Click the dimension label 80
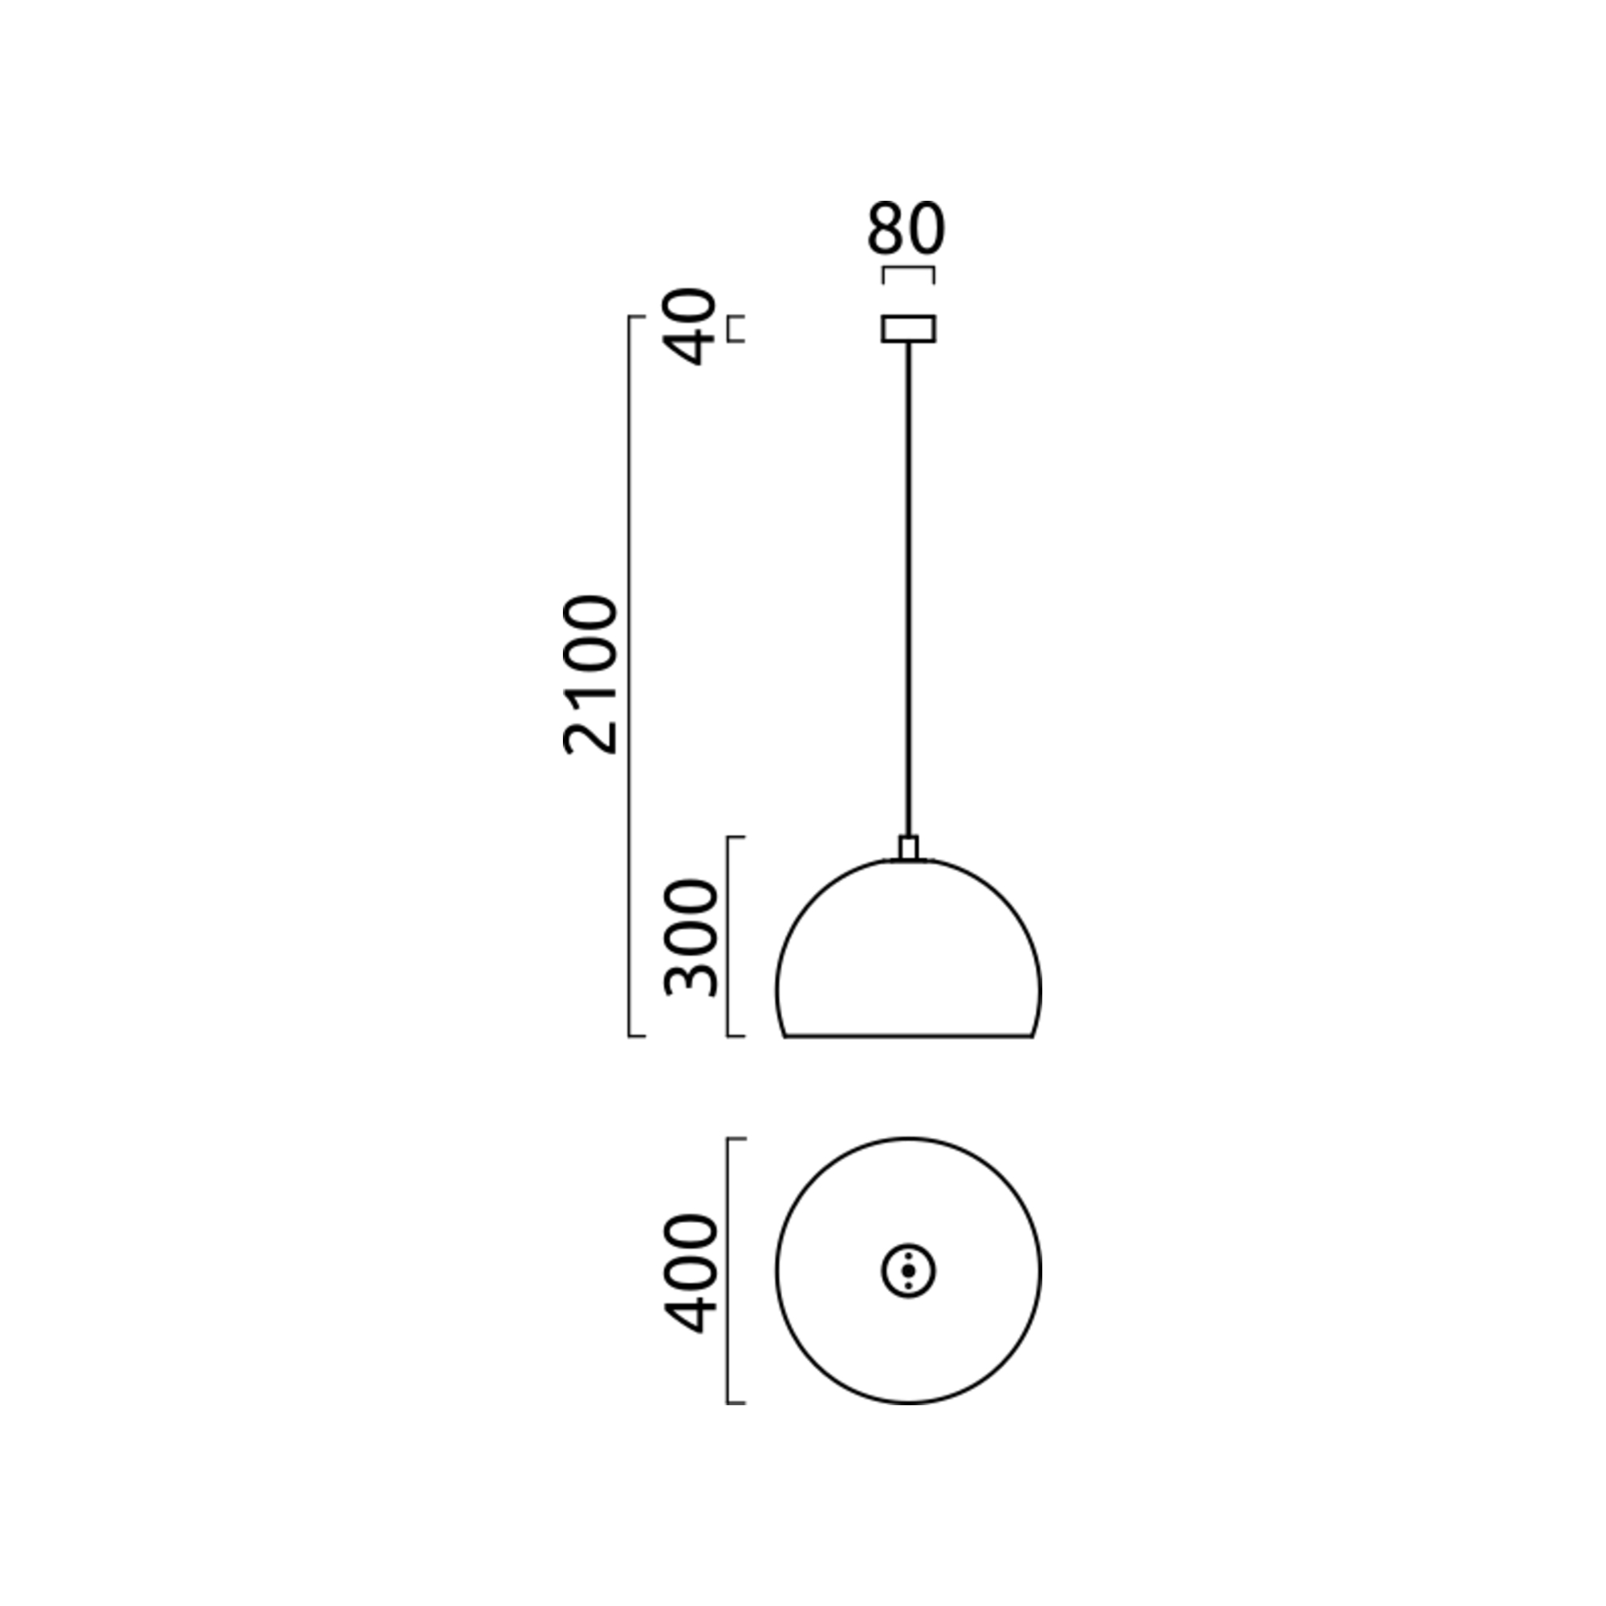coord(906,228)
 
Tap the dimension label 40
coord(692,327)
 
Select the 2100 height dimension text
coord(591,675)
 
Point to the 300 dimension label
coord(690,937)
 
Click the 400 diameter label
coord(690,1274)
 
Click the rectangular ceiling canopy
coord(908,328)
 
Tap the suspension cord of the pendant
coord(908,589)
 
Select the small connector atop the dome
coord(908,848)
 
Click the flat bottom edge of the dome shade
coord(908,1037)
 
